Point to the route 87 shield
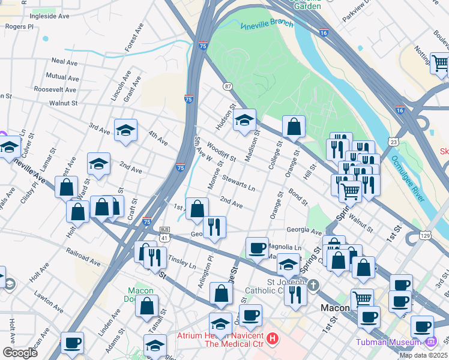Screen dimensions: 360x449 tap(228, 86)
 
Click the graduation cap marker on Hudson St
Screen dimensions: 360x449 tap(244, 121)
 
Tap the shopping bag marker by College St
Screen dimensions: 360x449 tap(294, 127)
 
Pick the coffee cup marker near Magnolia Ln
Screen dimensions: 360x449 tap(257, 248)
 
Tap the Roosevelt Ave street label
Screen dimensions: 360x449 tap(55, 89)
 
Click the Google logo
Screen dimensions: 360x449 tap(20, 352)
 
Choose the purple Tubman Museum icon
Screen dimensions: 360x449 tap(430, 342)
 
